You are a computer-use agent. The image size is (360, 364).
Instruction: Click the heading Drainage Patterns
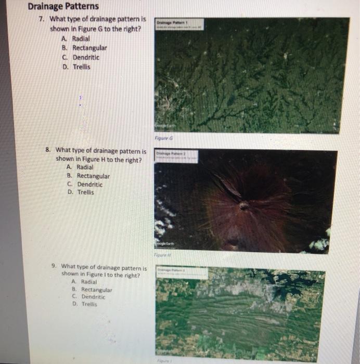pyautogui.click(x=63, y=7)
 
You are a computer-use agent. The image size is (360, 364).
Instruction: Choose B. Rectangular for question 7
pyautogui.click(x=84, y=48)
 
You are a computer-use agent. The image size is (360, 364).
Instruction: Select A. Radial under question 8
pyautogui.click(x=81, y=167)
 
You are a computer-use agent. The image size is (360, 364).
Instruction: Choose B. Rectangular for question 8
pyautogui.click(x=88, y=176)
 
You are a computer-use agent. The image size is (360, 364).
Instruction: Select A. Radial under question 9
pyautogui.click(x=85, y=281)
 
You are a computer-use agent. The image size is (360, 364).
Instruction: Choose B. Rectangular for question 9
pyautogui.click(x=92, y=289)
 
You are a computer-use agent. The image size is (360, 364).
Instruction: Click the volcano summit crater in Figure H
pyautogui.click(x=243, y=206)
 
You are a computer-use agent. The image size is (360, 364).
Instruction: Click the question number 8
pyautogui.click(x=47, y=150)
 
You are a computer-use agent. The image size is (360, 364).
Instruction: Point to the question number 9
pyautogui.click(x=54, y=265)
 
